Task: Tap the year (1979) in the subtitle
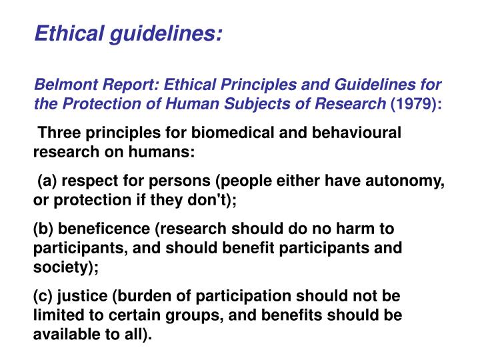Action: click(415, 104)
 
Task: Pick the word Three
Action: click(60, 133)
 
